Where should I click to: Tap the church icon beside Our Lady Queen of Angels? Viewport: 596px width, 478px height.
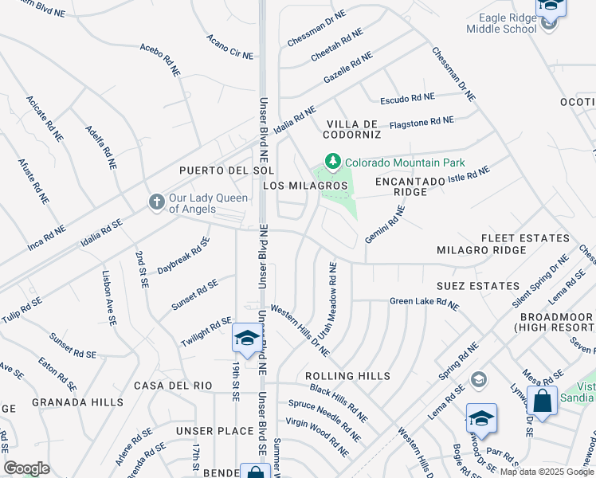[x=157, y=202]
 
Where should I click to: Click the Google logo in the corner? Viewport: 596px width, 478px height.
[x=27, y=468]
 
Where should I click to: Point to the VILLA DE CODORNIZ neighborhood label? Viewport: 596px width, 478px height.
[x=351, y=130]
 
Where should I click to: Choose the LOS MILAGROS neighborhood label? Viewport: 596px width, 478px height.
[x=305, y=186]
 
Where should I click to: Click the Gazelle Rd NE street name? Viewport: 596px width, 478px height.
[x=347, y=69]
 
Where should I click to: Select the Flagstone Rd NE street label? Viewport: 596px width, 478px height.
[x=422, y=122]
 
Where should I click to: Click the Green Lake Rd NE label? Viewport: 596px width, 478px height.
[x=424, y=304]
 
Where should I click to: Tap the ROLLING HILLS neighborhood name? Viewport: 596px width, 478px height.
[x=347, y=376]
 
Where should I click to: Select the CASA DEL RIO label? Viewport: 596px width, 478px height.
[x=173, y=386]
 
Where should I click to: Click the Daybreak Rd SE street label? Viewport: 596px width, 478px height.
[x=182, y=256]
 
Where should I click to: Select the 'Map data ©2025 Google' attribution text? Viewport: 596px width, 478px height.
[x=547, y=472]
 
